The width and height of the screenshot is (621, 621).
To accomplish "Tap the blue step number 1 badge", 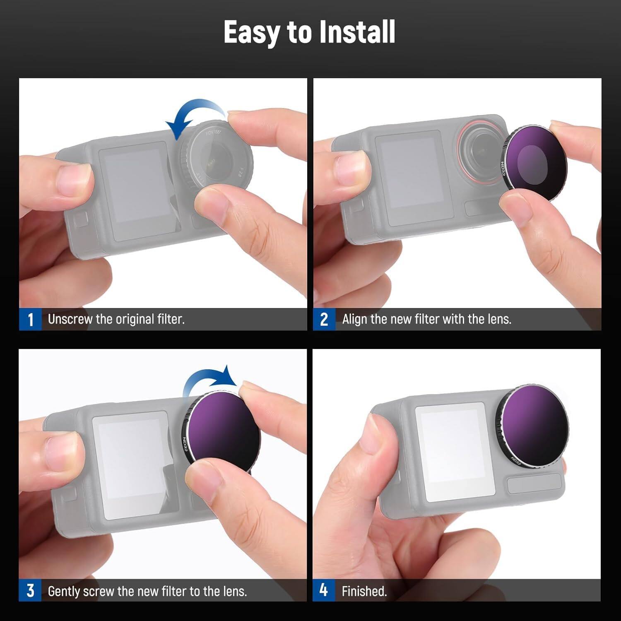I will (30, 320).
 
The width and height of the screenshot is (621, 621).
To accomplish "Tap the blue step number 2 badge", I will (324, 320).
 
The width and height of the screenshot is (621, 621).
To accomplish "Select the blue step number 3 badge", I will (30, 591).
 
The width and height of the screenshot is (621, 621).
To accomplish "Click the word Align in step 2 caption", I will (355, 319).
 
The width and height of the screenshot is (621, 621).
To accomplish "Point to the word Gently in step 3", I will (64, 591).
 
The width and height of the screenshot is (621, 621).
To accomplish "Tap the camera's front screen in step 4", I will (455, 451).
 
